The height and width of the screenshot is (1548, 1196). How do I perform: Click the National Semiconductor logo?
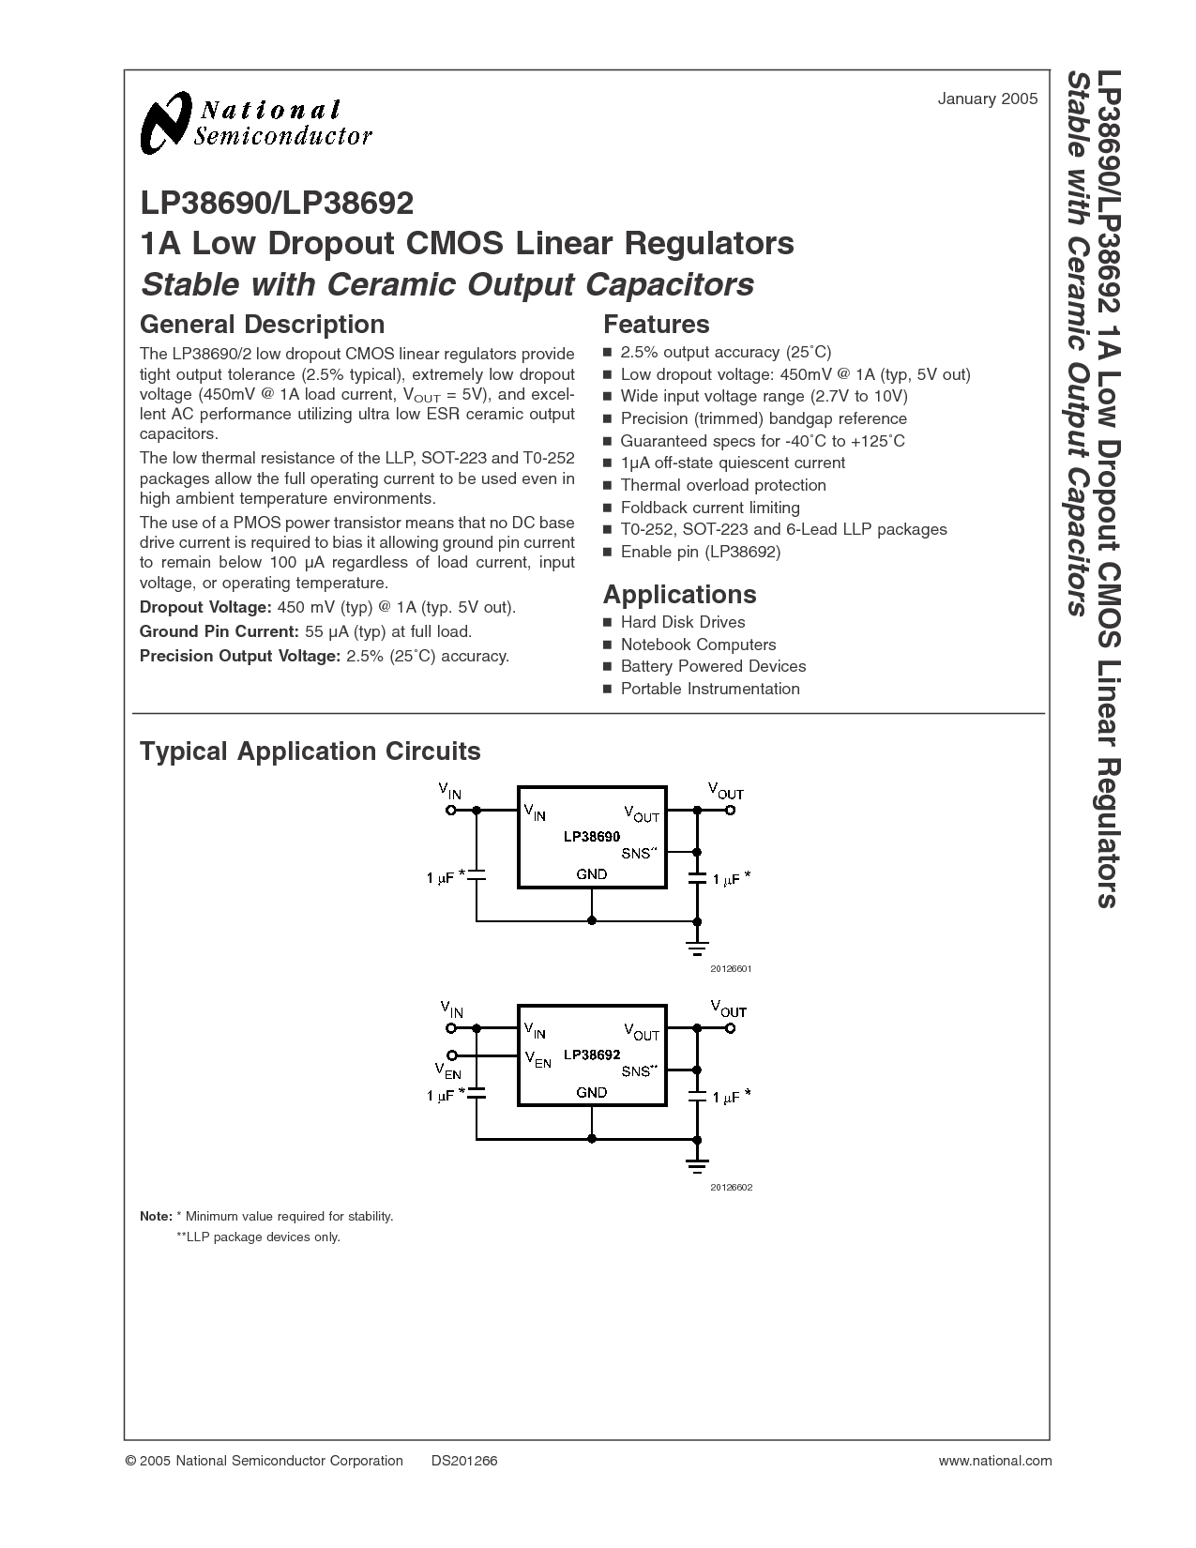[x=255, y=123]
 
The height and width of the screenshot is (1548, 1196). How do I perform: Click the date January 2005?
[x=987, y=99]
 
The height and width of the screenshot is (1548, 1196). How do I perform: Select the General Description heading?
[x=262, y=325]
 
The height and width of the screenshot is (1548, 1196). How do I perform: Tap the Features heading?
[x=656, y=325]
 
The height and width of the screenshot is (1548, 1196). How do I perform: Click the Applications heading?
[x=679, y=595]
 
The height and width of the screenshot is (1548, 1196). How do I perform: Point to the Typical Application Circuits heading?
[x=310, y=751]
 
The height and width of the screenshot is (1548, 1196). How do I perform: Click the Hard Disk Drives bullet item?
[x=682, y=622]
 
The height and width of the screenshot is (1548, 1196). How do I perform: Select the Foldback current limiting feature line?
[x=709, y=508]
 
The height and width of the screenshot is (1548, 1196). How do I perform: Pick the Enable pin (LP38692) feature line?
[x=700, y=552]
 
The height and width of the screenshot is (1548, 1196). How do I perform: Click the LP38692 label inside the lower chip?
[x=592, y=1055]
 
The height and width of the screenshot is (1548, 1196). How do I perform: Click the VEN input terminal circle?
[x=452, y=1055]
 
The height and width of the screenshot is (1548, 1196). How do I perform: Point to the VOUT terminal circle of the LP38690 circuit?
[x=731, y=809]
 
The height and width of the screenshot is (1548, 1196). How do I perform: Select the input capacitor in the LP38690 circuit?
[x=477, y=874]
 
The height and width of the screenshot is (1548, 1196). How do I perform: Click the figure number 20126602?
[x=731, y=1187]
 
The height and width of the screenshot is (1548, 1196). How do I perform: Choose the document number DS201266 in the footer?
[x=464, y=1460]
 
